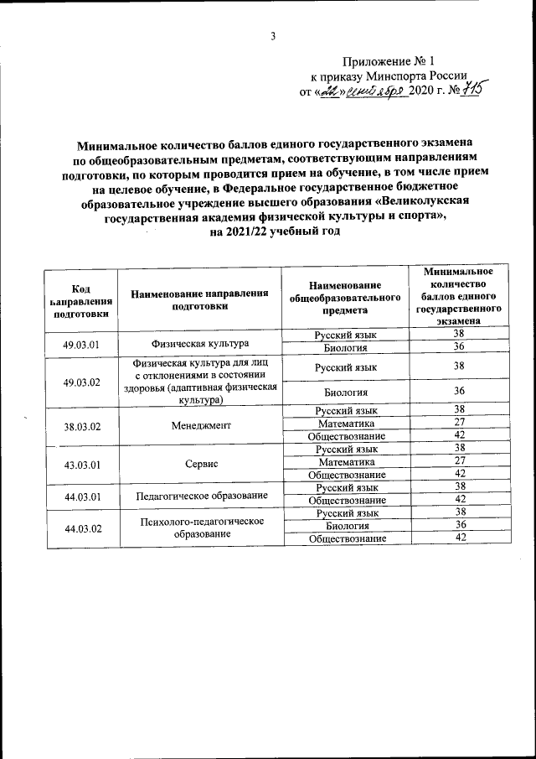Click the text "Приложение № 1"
389,61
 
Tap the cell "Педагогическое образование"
202,496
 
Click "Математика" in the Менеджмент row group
346,424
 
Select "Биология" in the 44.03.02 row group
346,526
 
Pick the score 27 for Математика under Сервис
458,461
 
